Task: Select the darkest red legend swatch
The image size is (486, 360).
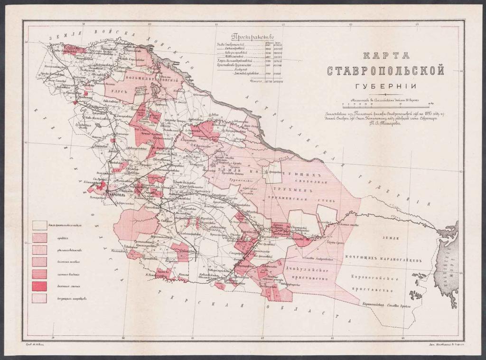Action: (x=39, y=286)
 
